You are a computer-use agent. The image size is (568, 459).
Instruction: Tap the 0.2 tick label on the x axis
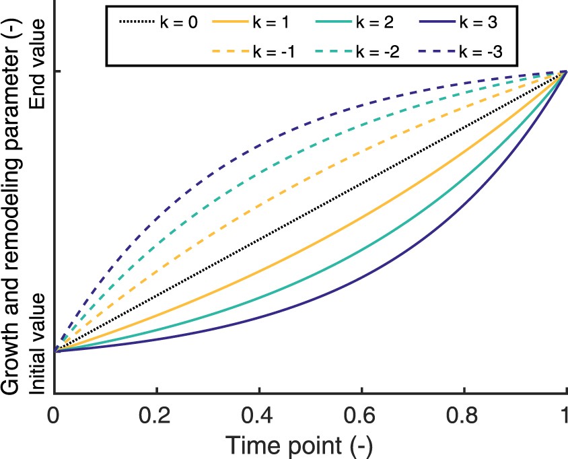click(x=157, y=413)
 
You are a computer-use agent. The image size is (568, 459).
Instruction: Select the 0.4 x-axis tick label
click(x=260, y=413)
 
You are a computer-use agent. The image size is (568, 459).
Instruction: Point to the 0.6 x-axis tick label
click(x=361, y=413)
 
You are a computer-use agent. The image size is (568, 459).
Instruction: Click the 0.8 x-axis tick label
click(x=464, y=413)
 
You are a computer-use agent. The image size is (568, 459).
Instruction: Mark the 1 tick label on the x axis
click(x=564, y=413)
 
